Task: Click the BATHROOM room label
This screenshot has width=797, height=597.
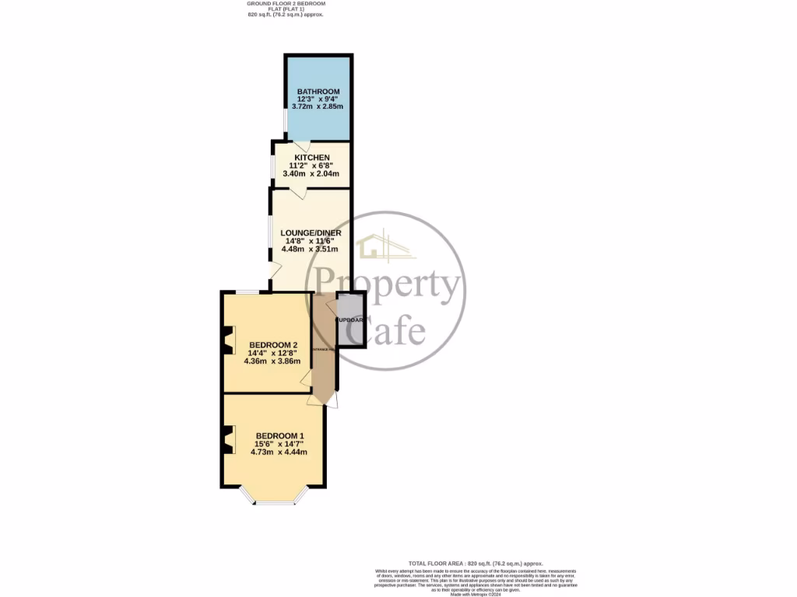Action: (x=318, y=92)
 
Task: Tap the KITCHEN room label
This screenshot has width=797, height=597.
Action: (x=312, y=158)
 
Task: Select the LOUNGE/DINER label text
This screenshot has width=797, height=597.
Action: (x=311, y=232)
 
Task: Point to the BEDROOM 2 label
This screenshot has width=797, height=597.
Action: (x=273, y=345)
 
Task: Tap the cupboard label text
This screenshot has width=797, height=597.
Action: (x=350, y=320)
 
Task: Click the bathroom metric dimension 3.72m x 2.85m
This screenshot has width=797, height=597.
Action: (x=318, y=106)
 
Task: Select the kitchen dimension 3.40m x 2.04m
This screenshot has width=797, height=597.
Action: (x=312, y=173)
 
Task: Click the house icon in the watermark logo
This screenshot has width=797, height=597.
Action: (x=371, y=247)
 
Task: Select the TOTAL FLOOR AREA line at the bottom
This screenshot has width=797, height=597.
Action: (x=476, y=563)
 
